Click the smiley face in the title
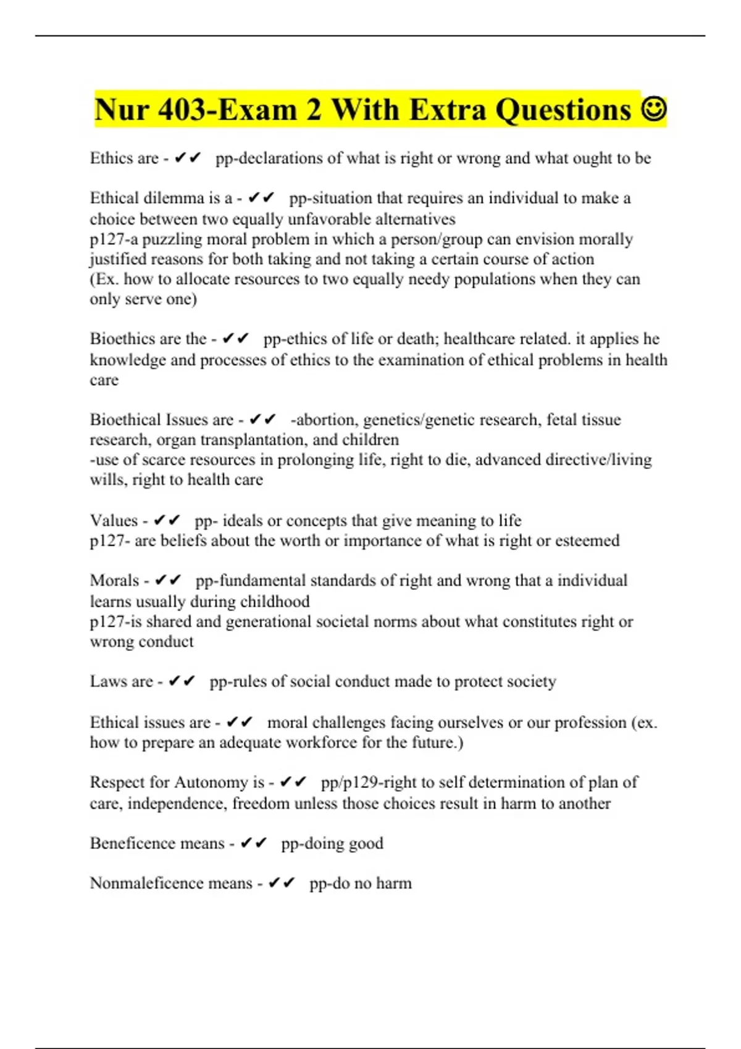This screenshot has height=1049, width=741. click(654, 110)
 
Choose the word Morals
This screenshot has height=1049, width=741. click(114, 581)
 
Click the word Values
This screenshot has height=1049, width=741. click(114, 520)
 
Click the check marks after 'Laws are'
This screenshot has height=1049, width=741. click(182, 681)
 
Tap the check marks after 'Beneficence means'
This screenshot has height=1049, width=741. click(253, 843)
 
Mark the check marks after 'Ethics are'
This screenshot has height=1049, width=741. click(188, 158)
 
